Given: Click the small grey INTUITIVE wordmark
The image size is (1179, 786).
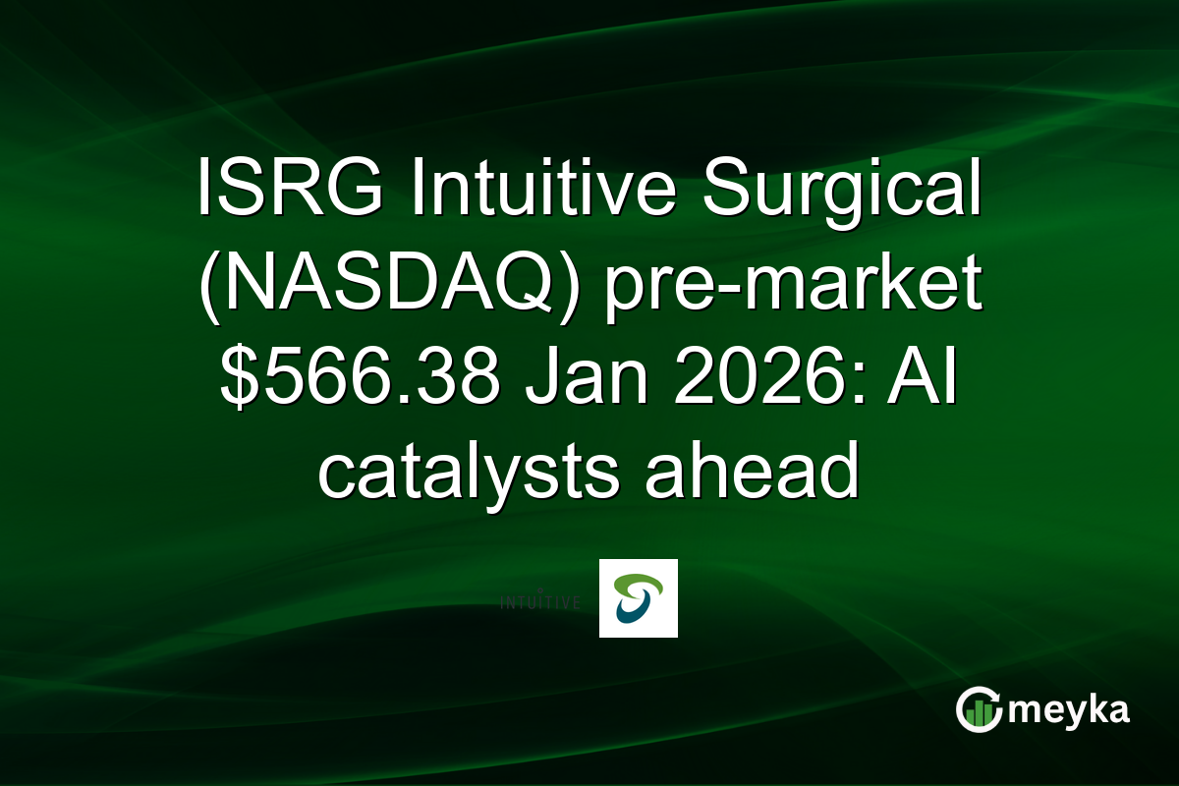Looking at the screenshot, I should pos(539,600).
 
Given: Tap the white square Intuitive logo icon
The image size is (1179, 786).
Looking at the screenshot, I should pos(638,598).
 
